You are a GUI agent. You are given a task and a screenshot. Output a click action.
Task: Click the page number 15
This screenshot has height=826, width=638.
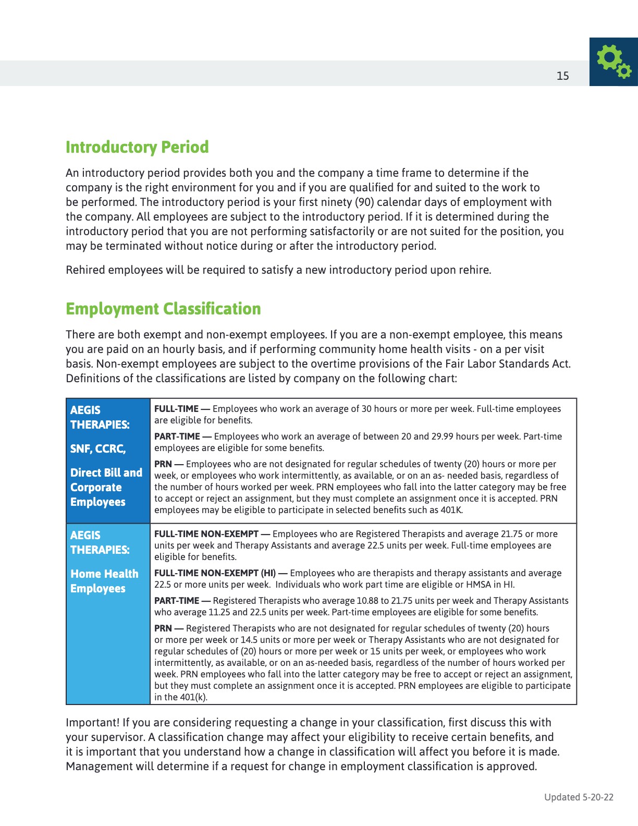[562, 76]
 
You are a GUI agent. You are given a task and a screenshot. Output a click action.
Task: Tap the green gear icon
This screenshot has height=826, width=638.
[614, 62]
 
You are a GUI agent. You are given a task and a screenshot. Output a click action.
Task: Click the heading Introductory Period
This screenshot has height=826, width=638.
[137, 147]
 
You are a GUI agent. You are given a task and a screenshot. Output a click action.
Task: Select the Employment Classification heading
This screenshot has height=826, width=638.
[163, 309]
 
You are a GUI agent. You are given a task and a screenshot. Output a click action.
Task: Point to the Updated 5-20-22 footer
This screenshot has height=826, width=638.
[579, 797]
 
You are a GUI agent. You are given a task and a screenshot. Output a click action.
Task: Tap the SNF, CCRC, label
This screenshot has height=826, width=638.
[98, 448]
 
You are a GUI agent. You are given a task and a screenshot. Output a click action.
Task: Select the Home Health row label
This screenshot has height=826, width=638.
[104, 574]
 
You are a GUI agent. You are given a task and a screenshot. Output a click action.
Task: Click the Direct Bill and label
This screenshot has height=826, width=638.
[106, 472]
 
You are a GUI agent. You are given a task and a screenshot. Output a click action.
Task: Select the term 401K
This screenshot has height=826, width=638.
[451, 510]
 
